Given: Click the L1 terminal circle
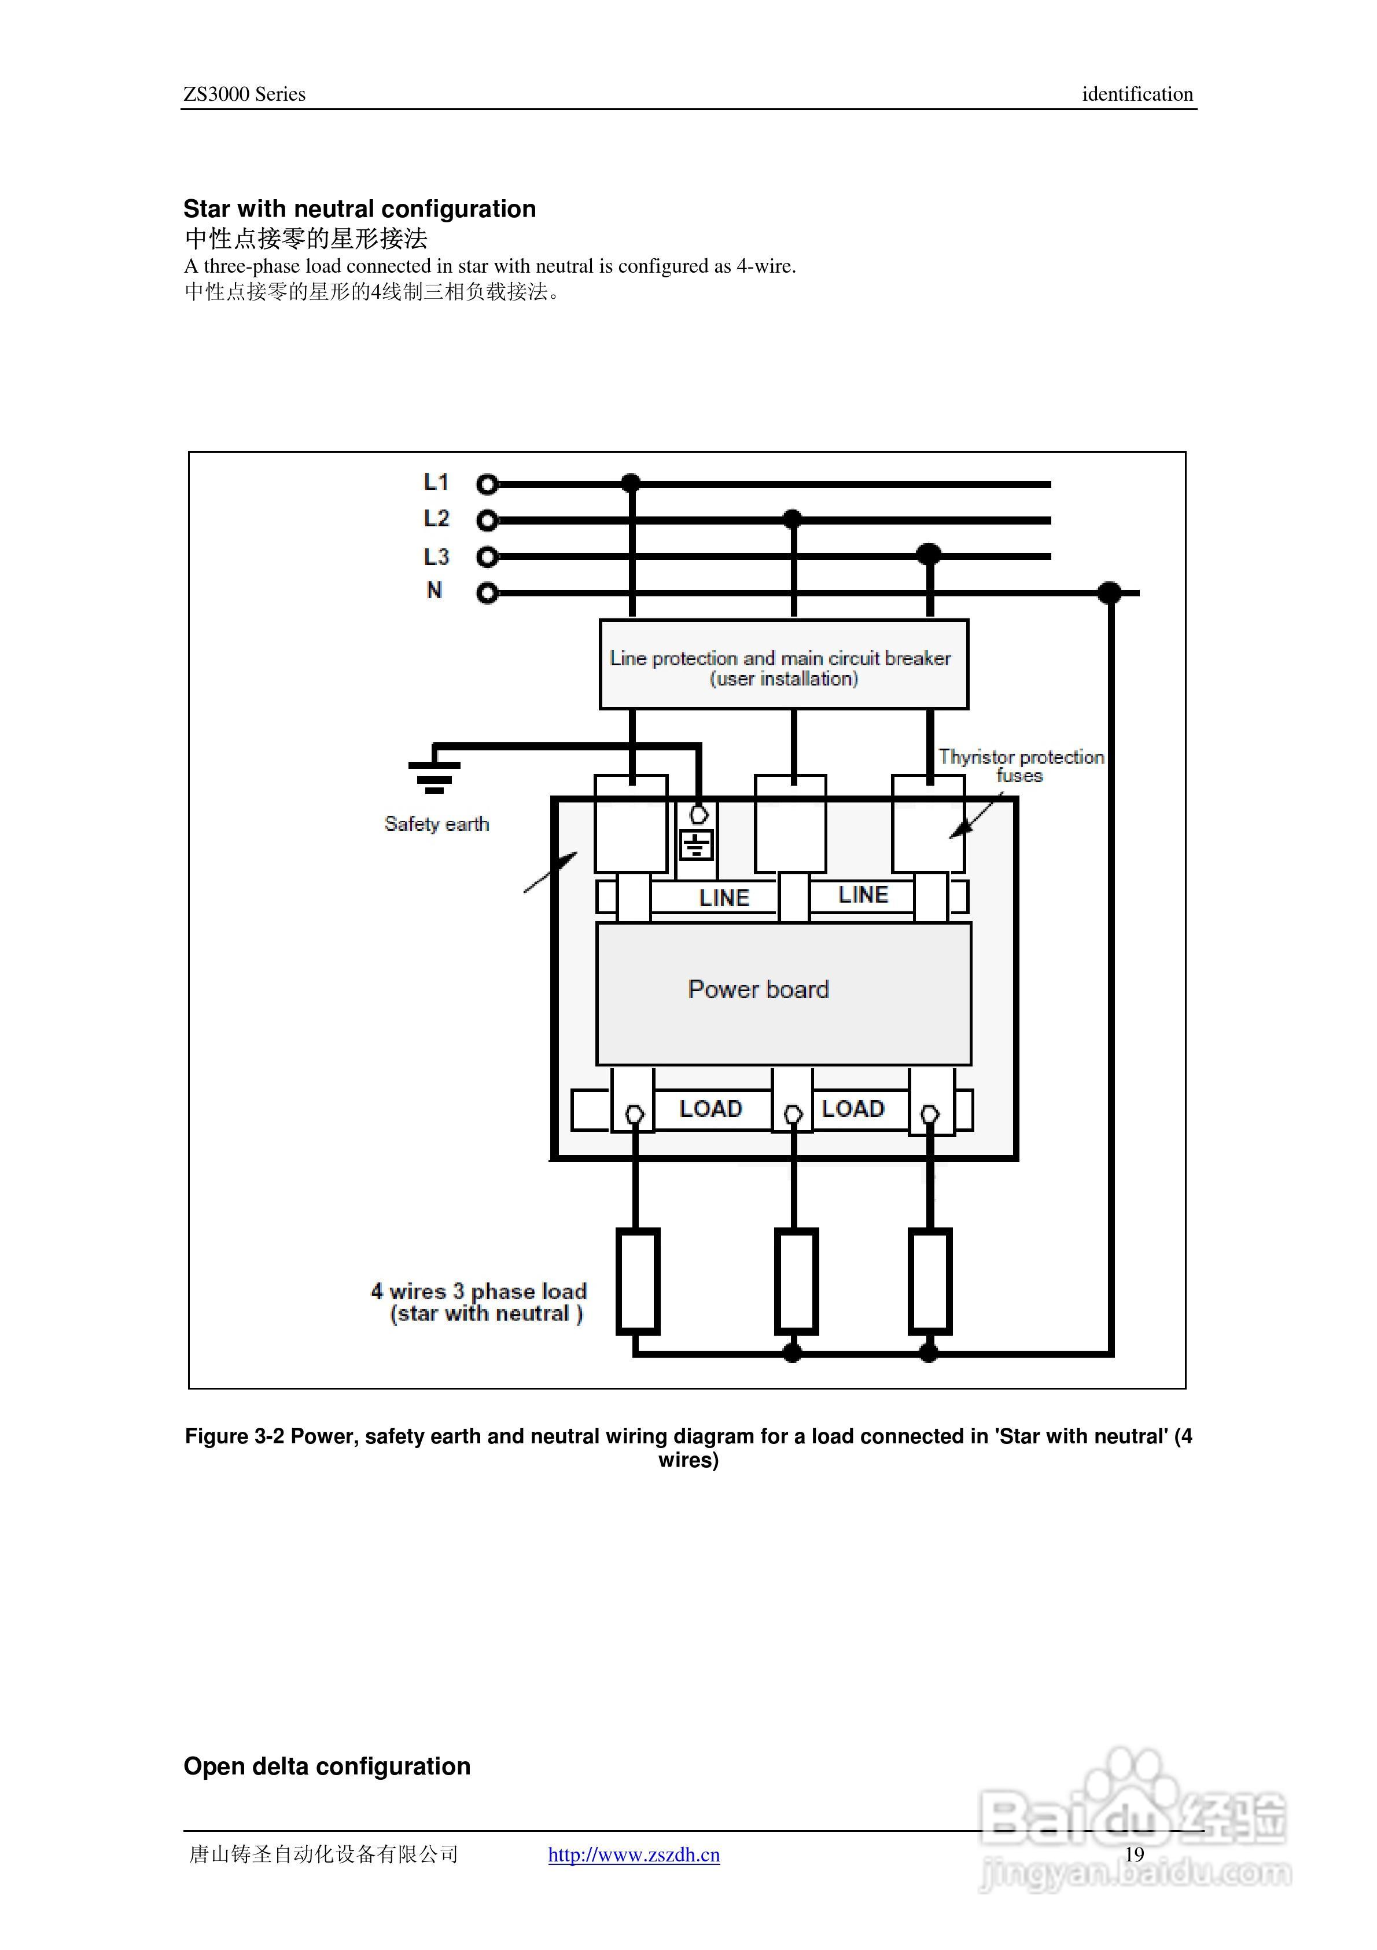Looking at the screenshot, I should [x=487, y=484].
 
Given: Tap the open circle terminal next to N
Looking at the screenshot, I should [x=487, y=593].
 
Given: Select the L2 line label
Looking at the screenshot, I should [x=436, y=518].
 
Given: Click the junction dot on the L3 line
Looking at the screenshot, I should [x=930, y=555].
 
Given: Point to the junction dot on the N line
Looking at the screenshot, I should [x=1109, y=593].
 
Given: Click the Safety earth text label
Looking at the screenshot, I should [x=436, y=824].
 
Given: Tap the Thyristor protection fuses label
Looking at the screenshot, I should [x=1021, y=765].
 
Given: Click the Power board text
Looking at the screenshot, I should [x=758, y=989].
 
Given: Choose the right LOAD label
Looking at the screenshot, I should [x=853, y=1108].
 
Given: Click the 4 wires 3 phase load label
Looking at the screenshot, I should [x=479, y=1302].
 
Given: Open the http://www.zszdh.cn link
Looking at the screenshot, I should [x=634, y=1855].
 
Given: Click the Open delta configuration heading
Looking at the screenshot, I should [x=327, y=1766].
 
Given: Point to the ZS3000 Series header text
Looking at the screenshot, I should [x=245, y=94].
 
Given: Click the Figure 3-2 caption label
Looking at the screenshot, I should [x=689, y=1447].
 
